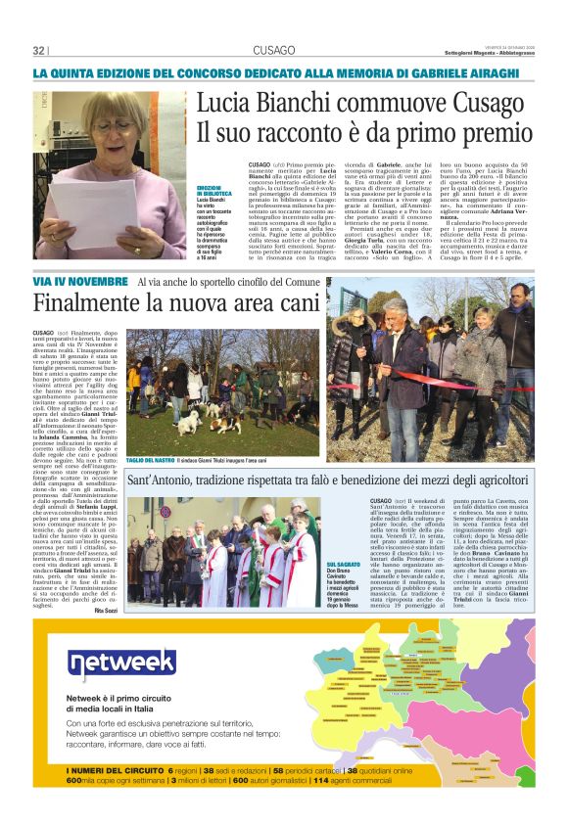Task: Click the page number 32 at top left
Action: (40, 51)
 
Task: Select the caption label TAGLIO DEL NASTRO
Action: (151, 460)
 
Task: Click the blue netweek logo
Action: (122, 665)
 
